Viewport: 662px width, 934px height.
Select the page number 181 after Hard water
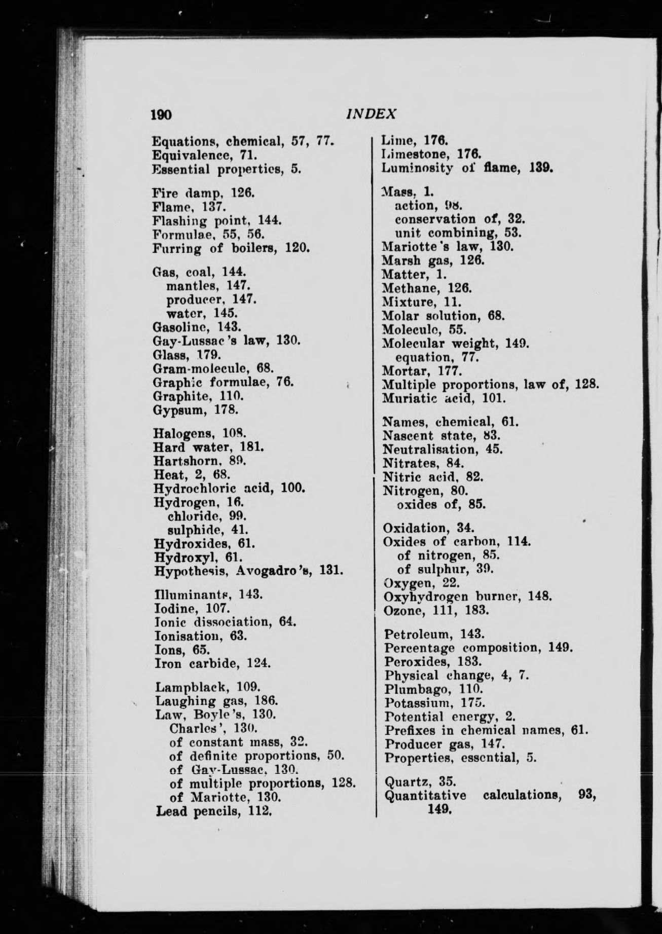click(254, 448)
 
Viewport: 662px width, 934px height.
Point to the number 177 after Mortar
click(449, 370)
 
